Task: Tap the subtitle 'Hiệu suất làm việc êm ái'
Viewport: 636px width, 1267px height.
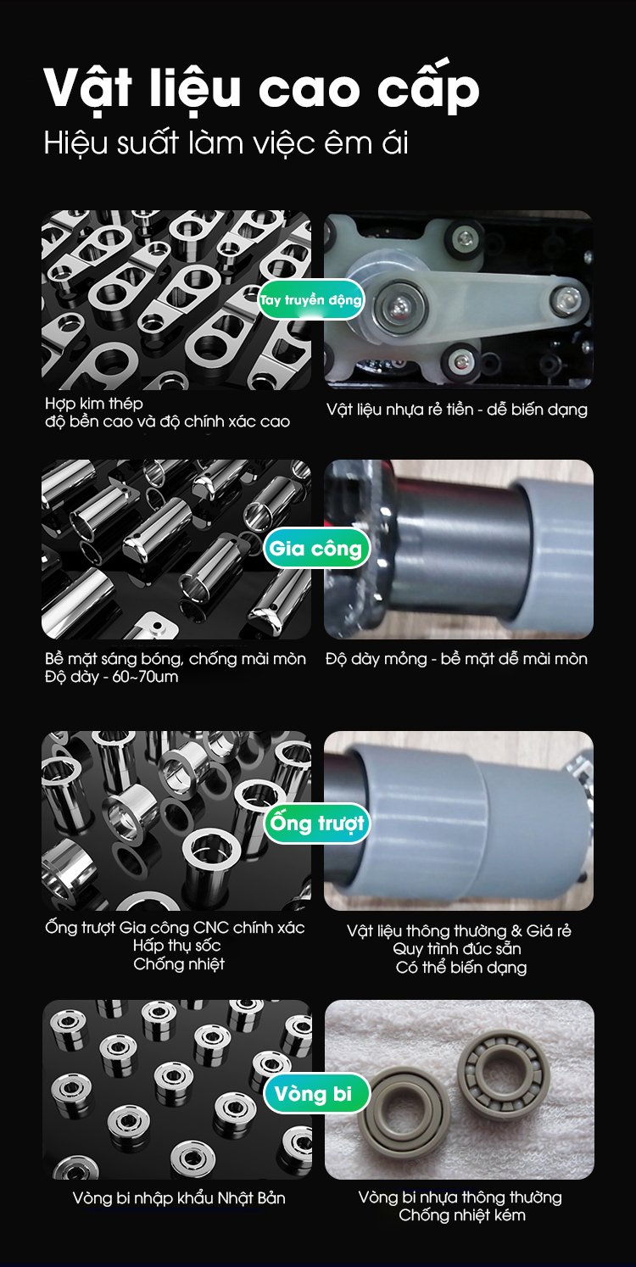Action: click(226, 142)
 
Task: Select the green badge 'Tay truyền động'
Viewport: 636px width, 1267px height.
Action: click(310, 299)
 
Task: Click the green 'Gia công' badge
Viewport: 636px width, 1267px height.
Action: click(315, 548)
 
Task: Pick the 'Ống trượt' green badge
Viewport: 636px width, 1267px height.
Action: click(316, 823)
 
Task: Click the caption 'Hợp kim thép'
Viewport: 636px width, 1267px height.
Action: click(94, 404)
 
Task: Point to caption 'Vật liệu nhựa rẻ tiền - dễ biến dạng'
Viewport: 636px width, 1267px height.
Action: click(456, 410)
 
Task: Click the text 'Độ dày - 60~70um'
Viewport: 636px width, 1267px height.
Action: click(111, 677)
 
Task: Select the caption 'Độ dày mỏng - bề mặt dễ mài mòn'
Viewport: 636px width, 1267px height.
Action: click(456, 659)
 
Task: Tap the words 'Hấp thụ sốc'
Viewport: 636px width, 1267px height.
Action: click(177, 945)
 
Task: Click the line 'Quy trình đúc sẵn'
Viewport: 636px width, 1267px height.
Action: click(457, 948)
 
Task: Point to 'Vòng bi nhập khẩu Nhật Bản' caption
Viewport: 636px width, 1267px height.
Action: click(179, 1197)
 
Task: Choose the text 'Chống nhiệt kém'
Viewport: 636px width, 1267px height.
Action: click(461, 1214)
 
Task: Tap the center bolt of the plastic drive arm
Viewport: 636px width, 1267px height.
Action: click(400, 304)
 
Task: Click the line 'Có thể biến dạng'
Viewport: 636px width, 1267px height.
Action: click(461, 968)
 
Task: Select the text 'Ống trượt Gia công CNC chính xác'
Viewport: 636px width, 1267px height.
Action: click(175, 928)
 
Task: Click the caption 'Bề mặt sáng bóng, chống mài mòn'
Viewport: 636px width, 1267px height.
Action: click(176, 659)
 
